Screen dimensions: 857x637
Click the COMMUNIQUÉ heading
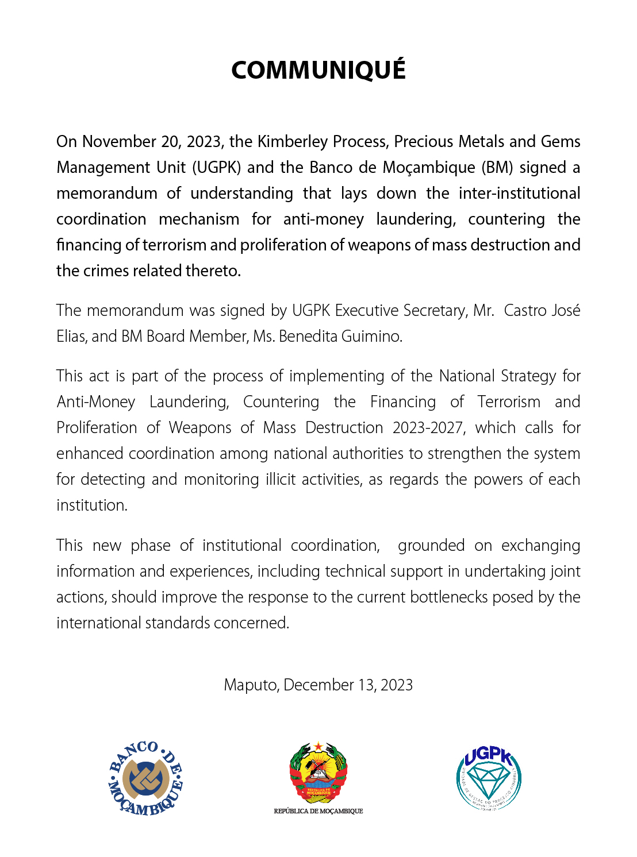click(318, 70)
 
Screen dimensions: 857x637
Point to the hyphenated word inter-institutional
click(519, 193)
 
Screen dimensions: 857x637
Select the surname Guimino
click(371, 336)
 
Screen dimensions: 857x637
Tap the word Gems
click(561, 141)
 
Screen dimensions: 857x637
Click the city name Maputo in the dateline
click(251, 685)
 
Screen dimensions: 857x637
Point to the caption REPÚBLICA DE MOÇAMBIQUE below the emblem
click(318, 811)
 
